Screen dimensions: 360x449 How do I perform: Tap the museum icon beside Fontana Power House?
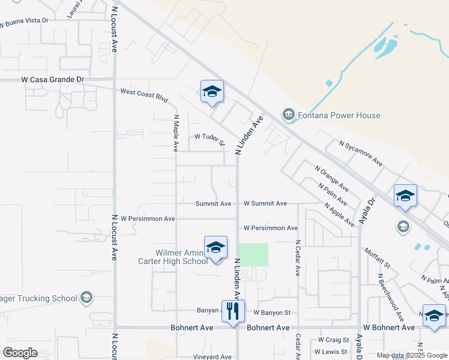tap(288, 115)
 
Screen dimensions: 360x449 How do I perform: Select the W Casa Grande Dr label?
tap(52, 79)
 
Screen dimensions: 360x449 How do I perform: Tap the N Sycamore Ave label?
tap(361, 153)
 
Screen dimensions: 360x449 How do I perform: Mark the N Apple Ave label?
tap(339, 214)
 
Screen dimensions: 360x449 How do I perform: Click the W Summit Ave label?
tap(265, 204)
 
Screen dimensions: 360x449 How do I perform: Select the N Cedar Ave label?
tap(297, 258)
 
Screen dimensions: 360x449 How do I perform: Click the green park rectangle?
tap(253, 254)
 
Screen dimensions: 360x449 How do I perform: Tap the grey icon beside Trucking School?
tap(86, 298)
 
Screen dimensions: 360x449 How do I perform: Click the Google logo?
tap(20, 353)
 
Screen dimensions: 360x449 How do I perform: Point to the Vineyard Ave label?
tap(212, 357)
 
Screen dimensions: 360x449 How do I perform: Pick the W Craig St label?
tap(329, 340)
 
